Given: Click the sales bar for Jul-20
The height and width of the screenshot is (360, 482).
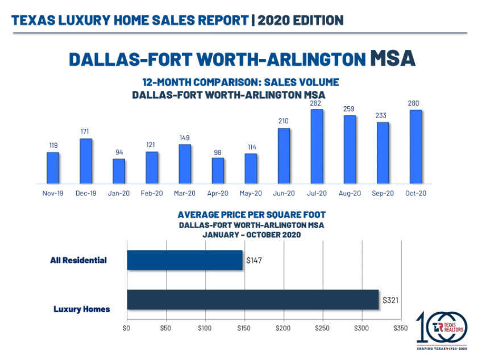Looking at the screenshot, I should pos(317,146).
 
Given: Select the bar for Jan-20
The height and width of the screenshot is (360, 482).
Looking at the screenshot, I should pos(119,171).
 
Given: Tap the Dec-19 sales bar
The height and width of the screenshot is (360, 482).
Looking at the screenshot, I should pos(86,161).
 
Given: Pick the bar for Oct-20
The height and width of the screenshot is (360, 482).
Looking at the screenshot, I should pos(415,146).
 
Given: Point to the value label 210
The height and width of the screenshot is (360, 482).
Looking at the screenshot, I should pos(284,121).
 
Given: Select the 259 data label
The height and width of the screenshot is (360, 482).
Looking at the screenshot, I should pos(350,108).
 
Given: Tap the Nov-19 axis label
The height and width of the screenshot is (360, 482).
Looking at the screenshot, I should pos(53,193).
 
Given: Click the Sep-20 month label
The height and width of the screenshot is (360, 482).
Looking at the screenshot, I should pos(383,193).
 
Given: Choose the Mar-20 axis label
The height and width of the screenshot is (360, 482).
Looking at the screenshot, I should pos(185,193).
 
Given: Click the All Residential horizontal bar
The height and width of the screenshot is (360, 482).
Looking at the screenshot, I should pos(185,260).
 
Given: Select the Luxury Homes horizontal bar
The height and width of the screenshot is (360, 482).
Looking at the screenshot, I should pos(252,299).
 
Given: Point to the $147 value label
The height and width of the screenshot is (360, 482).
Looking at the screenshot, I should pos(253,261).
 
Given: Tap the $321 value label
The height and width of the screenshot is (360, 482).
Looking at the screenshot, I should pos(389,299).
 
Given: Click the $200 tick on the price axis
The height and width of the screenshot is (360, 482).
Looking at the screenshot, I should pos(283,328).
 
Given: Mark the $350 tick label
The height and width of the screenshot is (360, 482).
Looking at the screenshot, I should pos(401,328).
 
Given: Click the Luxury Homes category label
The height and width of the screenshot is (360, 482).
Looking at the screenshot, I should pos(81,309).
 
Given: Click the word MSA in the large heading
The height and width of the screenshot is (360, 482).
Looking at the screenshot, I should pos(392,59).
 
